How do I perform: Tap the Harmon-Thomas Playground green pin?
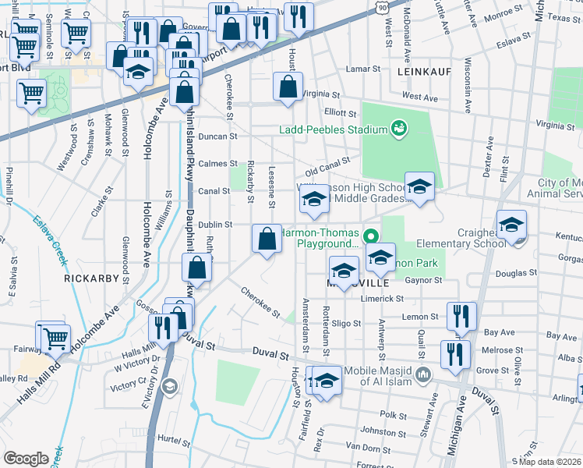coord(373,233)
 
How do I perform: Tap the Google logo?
coord(26,459)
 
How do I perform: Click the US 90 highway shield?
coord(381,5)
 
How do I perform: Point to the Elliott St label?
coord(340,113)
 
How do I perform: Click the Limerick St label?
coord(398,298)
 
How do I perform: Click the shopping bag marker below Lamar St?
coord(288,87)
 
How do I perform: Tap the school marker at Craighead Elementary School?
coord(511,226)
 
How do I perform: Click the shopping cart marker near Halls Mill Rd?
coord(55,339)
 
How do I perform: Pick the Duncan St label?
coord(217,136)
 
